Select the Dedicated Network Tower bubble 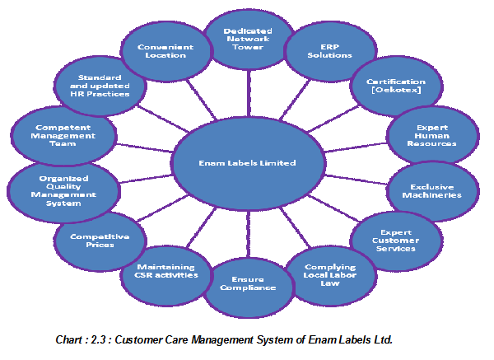point(247,38)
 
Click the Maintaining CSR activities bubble point(167,273)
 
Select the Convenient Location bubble point(166,51)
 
